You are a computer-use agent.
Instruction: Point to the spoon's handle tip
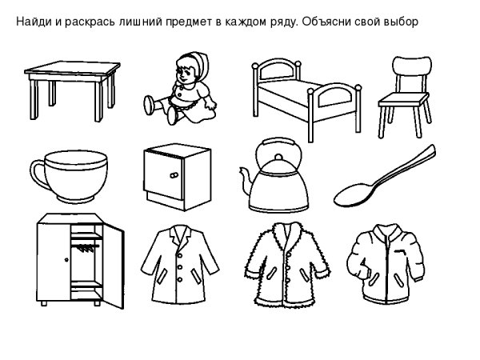tap(432, 150)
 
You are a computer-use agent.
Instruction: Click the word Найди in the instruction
tap(34, 20)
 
